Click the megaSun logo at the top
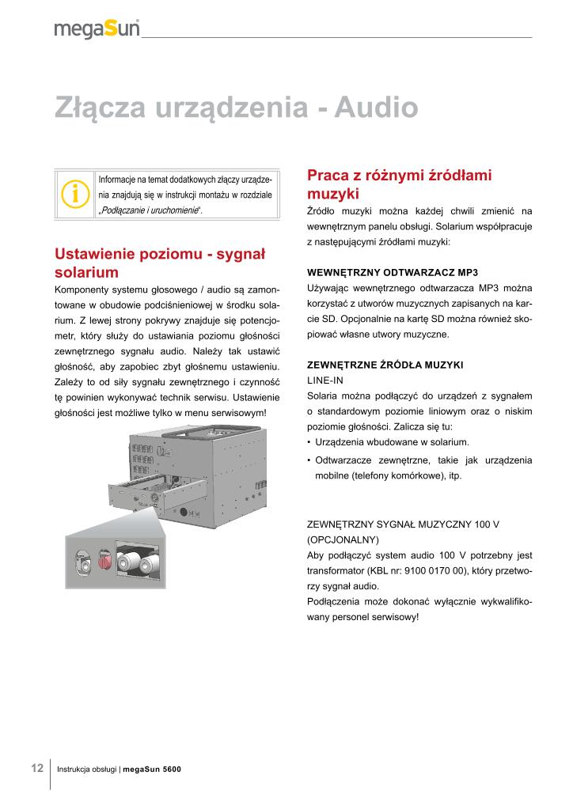click(97, 29)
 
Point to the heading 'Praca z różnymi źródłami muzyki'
click(399, 184)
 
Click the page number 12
click(36, 768)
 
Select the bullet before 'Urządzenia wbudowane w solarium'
click(309, 442)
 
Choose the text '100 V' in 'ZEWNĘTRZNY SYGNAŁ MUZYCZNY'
click(484, 524)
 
